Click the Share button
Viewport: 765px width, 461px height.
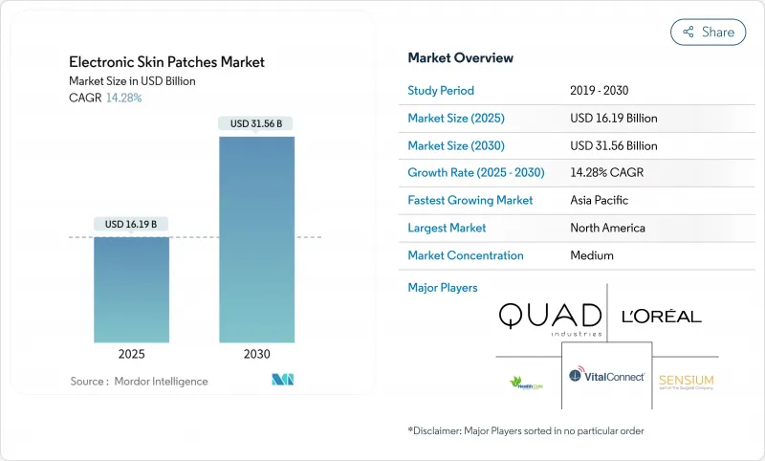708,32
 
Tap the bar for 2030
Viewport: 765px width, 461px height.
256,239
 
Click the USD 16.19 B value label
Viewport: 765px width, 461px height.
132,224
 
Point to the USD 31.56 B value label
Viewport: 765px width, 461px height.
256,122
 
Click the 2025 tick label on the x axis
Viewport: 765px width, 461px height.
132,354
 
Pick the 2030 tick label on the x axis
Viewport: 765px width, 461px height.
256,354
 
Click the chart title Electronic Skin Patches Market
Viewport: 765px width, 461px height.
167,62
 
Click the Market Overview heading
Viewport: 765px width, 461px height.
460,58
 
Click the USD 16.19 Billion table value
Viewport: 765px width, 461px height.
613,119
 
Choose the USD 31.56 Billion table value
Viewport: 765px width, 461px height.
613,146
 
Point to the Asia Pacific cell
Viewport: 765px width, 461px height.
600,201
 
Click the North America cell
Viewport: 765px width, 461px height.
607,229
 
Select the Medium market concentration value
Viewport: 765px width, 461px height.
592,255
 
